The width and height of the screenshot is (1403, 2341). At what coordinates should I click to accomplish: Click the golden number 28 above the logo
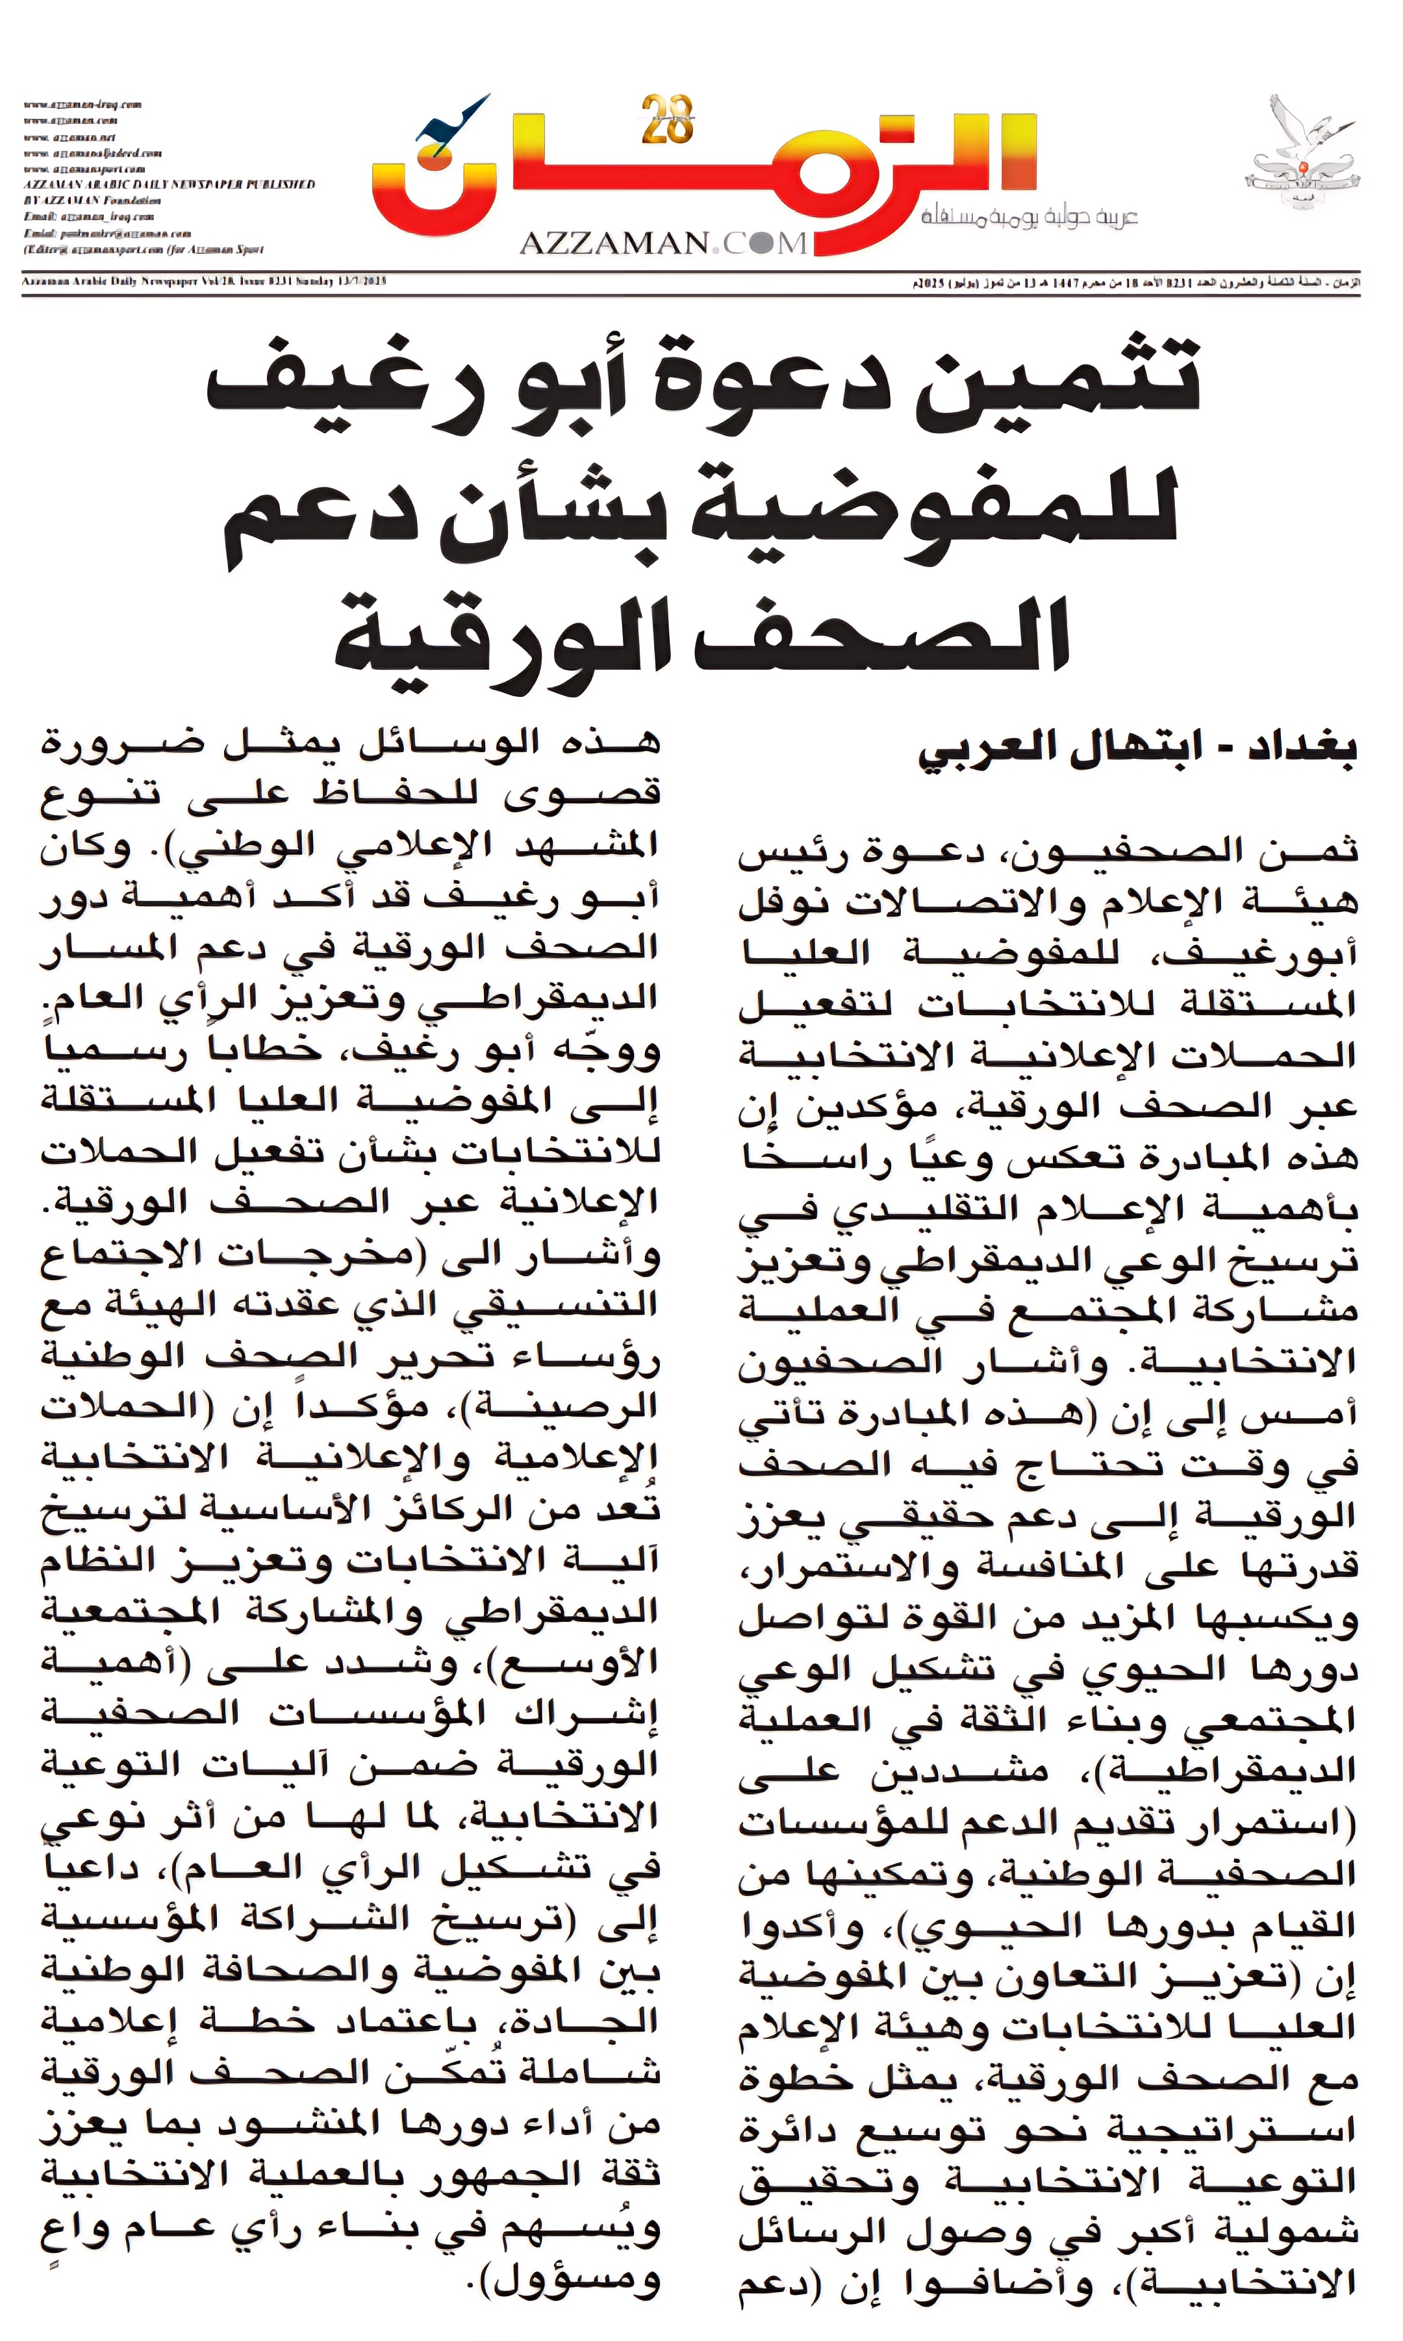[668, 121]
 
